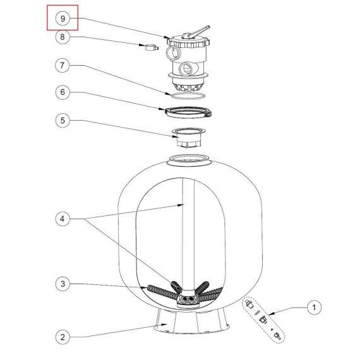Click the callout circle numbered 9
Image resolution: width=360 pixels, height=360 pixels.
click(63, 18)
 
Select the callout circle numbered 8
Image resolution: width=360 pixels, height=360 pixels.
click(63, 37)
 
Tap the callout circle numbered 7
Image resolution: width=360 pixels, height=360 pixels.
click(63, 66)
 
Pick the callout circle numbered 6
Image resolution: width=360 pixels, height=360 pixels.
click(63, 92)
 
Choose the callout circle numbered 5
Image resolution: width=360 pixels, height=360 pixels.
click(63, 120)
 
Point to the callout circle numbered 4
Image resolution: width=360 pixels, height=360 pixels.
click(63, 219)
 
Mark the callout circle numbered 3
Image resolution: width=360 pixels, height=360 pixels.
click(63, 284)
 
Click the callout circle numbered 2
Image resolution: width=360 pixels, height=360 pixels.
click(63, 337)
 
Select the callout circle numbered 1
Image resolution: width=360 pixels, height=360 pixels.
click(314, 307)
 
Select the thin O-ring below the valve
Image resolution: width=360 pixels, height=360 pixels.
click(188, 96)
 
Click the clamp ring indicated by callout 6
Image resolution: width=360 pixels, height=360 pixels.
click(188, 112)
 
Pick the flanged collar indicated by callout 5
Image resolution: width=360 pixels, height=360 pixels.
click(188, 138)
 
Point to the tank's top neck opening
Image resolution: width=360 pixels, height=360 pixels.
click(188, 160)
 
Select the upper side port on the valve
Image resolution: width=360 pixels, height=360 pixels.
click(172, 53)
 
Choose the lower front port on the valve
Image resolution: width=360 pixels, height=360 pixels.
click(186, 69)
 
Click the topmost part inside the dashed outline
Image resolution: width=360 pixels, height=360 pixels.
click(249, 304)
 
